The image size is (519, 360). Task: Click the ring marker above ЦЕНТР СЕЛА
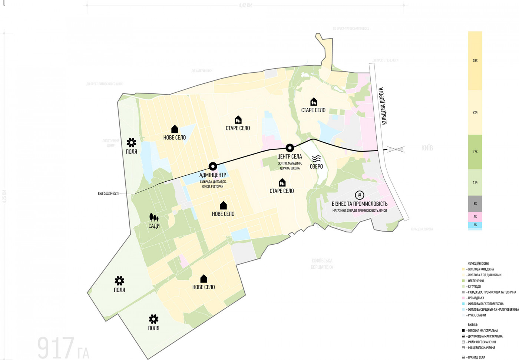[290, 148]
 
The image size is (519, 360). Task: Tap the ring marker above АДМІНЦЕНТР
[212, 166]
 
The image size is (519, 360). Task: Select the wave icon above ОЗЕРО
[316, 159]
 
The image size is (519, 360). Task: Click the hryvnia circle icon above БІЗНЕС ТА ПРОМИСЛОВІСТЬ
[359, 195]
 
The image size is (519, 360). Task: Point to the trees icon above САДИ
[154, 217]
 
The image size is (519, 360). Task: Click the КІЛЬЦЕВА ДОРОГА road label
[383, 106]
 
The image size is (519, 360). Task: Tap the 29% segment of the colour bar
[475, 61]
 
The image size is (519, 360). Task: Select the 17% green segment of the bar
[475, 152]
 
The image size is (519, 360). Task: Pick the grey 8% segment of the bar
[475, 204]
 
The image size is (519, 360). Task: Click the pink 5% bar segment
[475, 217]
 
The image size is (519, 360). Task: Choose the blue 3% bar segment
[475, 225]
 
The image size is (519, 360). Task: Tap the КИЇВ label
[427, 148]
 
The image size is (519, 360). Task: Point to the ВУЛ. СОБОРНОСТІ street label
[108, 194]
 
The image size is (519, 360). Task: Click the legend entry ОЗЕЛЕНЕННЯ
[476, 281]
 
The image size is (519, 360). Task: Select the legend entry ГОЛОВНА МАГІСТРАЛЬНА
[483, 330]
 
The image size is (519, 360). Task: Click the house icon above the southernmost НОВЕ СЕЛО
[204, 279]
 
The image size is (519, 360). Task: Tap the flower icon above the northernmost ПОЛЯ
[131, 142]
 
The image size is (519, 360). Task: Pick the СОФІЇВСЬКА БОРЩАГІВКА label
[322, 264]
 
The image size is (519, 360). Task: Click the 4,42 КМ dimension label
[245, 6]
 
